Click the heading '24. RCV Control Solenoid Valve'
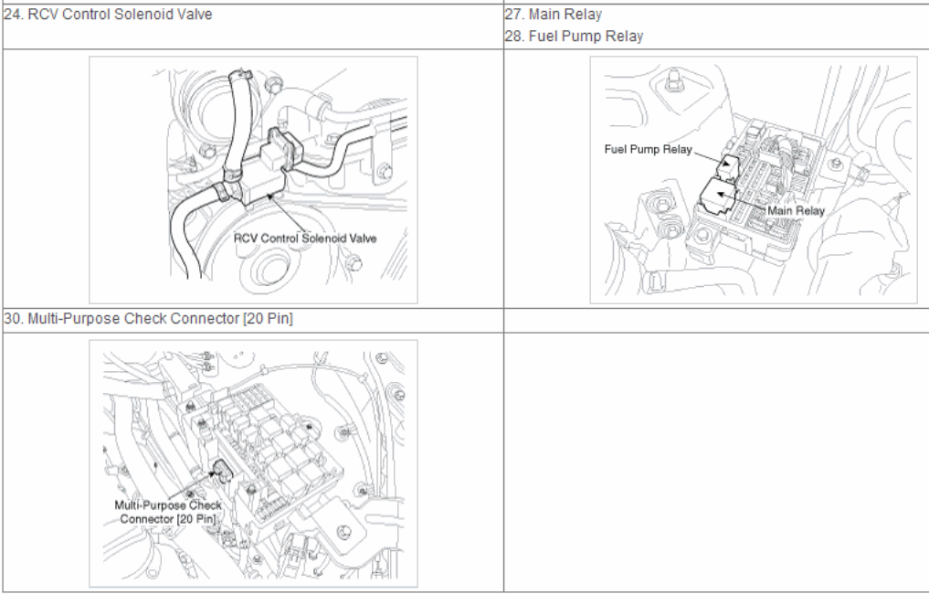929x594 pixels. pos(108,15)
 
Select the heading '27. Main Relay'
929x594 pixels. pos(554,15)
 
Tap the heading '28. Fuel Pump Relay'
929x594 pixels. pos(574,37)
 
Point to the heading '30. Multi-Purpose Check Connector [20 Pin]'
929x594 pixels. pos(148,319)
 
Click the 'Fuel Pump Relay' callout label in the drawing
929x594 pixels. pos(649,149)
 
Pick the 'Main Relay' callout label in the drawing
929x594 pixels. pos(796,210)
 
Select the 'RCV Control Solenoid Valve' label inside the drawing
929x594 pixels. pos(305,239)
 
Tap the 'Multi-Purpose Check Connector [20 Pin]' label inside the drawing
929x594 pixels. pos(168,512)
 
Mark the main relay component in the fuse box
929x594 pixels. pos(718,196)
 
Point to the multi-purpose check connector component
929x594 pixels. pos(222,472)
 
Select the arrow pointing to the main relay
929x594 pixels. pos(742,201)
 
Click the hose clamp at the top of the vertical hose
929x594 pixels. pos(240,75)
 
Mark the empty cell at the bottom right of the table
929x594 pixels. pos(716,461)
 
